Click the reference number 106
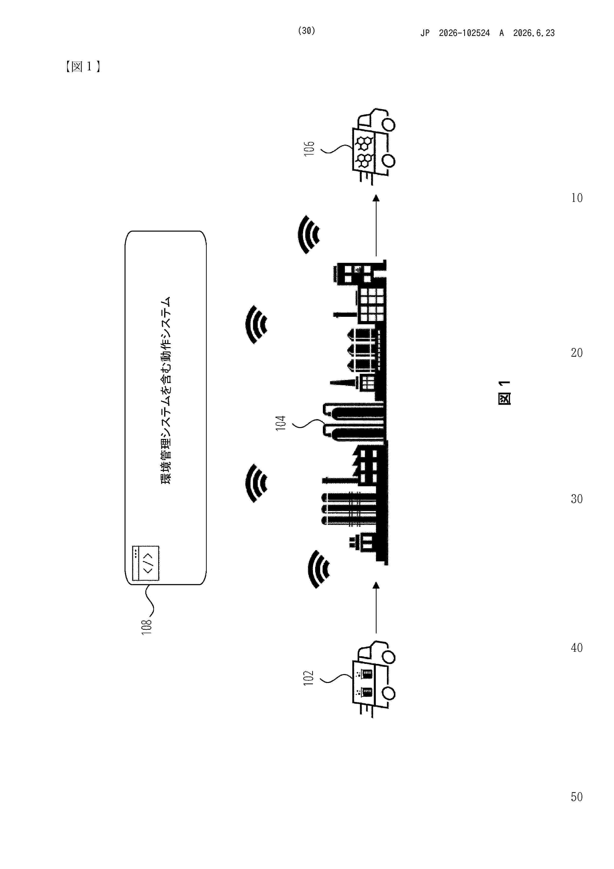click(x=309, y=148)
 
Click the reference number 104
click(x=280, y=423)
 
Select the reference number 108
click(x=146, y=627)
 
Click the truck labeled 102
click(x=374, y=679)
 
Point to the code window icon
click(x=146, y=563)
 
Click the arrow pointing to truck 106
click(x=376, y=226)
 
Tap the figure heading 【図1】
click(x=82, y=67)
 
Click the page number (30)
click(x=307, y=31)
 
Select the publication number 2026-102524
click(x=464, y=33)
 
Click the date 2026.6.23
click(x=534, y=33)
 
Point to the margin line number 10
click(x=577, y=198)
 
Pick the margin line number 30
click(x=577, y=499)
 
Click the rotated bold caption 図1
click(x=505, y=393)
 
